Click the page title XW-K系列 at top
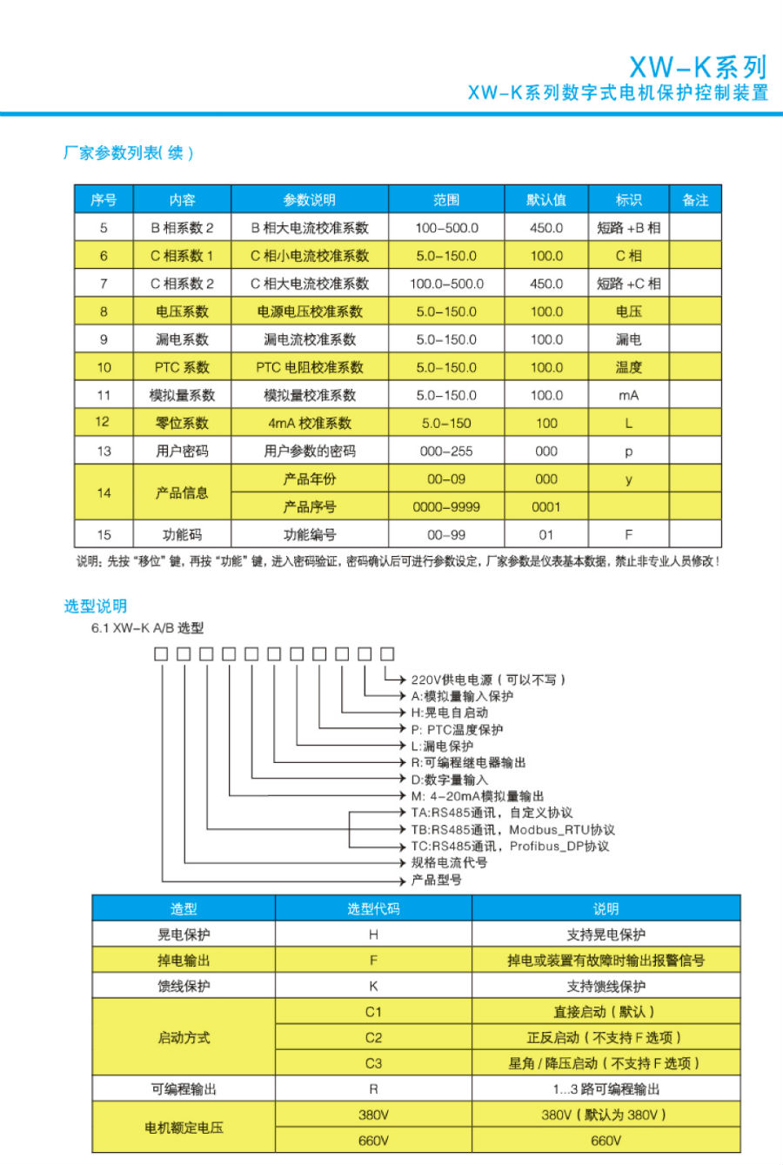(x=698, y=67)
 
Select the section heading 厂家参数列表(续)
(x=128, y=153)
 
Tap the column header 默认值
(x=546, y=200)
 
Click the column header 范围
(x=446, y=200)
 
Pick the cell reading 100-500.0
(x=446, y=228)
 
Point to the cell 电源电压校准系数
(x=310, y=311)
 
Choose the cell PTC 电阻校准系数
(x=310, y=367)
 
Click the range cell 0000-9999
(x=446, y=506)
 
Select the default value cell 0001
(x=546, y=506)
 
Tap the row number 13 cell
(x=104, y=451)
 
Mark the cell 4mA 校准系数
(x=310, y=423)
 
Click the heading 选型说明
(x=96, y=606)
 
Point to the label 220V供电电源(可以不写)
(x=488, y=680)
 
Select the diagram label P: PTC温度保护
(x=457, y=729)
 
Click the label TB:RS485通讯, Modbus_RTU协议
(x=512, y=829)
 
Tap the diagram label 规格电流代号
(x=449, y=862)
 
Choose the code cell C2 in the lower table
(x=373, y=1037)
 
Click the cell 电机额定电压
(x=184, y=1128)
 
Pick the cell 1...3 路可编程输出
(x=606, y=1088)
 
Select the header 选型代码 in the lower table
(x=373, y=909)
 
